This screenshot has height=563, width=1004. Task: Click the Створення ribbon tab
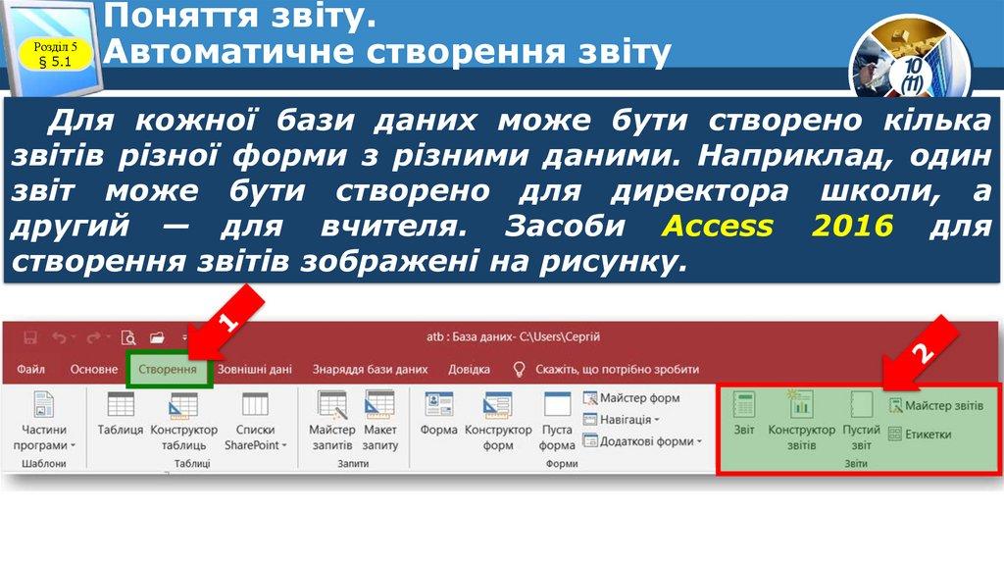tap(167, 370)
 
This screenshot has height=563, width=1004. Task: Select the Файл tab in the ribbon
tap(30, 370)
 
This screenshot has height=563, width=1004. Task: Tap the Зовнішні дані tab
tap(254, 370)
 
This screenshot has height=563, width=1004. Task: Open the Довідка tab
tap(469, 370)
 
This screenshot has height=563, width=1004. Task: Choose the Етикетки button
tap(922, 434)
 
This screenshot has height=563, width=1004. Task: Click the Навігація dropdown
tap(622, 420)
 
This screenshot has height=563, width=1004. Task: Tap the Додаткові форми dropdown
tap(642, 441)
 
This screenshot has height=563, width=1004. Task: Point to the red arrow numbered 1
tap(226, 324)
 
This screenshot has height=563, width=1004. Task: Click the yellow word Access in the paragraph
tap(718, 226)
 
